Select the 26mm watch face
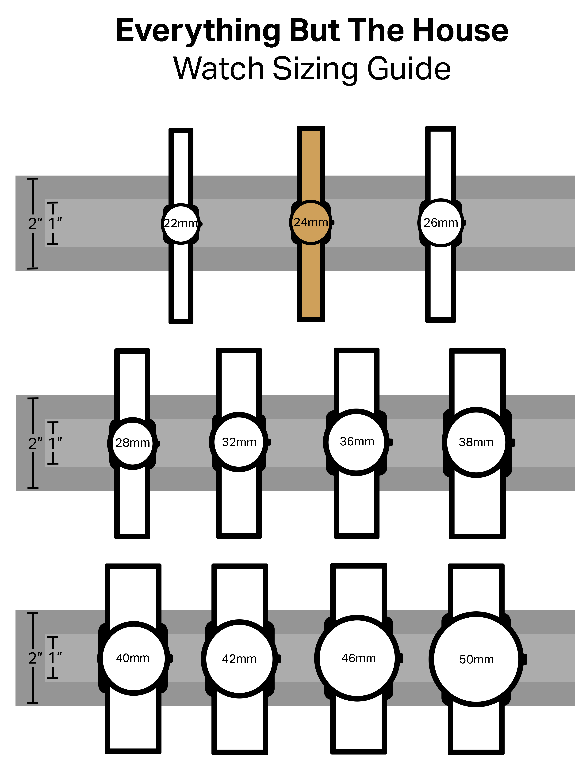(x=441, y=223)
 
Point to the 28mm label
(x=133, y=443)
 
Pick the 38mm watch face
(x=476, y=442)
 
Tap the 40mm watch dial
(x=133, y=658)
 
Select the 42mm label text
(x=239, y=659)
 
